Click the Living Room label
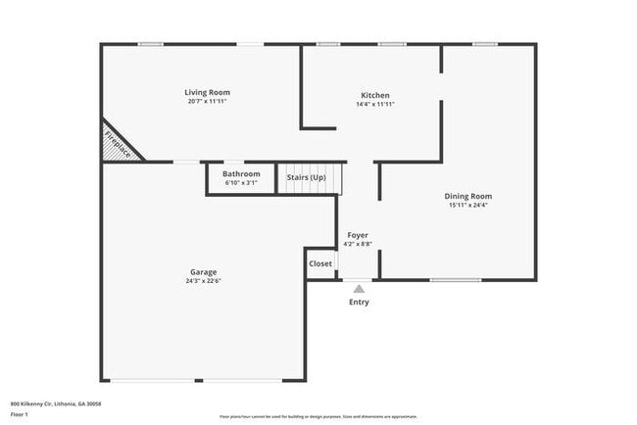tap(208, 92)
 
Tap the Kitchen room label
tap(375, 95)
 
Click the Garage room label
tap(204, 271)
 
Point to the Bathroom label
tap(240, 173)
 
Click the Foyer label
tap(358, 235)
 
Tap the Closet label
tap(320, 263)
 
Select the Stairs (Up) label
tap(306, 177)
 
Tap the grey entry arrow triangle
tap(359, 289)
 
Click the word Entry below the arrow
tap(360, 302)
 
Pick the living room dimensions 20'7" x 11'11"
tap(208, 102)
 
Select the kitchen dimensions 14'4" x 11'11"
tap(375, 104)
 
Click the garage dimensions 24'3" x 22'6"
tap(204, 281)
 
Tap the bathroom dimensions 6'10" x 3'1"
tap(240, 182)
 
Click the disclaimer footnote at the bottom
tap(318, 416)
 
